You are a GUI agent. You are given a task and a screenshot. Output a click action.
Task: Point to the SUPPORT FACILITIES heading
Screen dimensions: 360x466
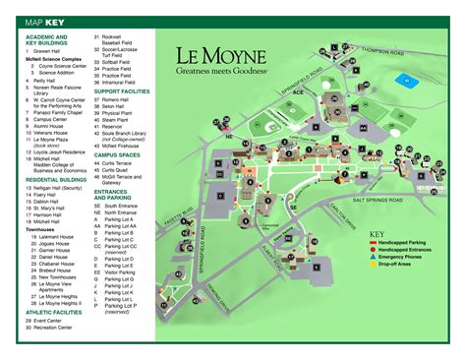[x=129, y=90]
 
